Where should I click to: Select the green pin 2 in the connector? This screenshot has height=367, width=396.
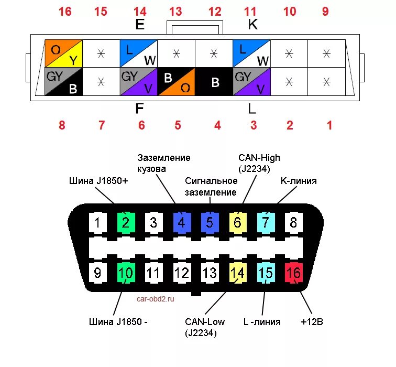(x=126, y=222)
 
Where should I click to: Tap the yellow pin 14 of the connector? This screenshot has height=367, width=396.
(x=237, y=273)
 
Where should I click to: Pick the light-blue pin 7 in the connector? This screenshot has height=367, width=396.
(x=266, y=222)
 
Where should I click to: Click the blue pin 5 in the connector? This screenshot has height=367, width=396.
(x=210, y=222)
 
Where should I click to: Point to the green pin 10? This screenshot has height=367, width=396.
(x=126, y=273)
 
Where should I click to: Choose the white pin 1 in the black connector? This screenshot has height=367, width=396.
(x=97, y=222)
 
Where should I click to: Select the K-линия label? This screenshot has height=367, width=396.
(x=299, y=181)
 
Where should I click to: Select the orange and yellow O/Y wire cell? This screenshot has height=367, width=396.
(x=64, y=54)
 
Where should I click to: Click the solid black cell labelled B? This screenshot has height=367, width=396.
(x=214, y=81)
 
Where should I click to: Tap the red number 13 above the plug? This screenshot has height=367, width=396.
(x=175, y=12)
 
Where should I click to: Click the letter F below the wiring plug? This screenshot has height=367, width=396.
(x=139, y=109)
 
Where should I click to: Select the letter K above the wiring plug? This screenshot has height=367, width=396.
(x=252, y=25)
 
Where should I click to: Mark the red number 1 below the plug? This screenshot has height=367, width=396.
(x=329, y=125)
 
